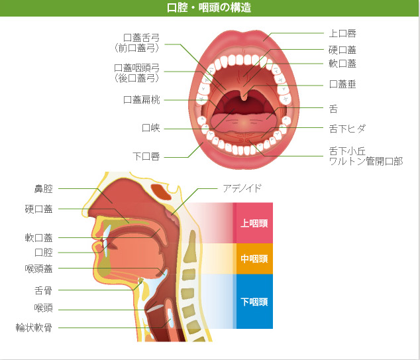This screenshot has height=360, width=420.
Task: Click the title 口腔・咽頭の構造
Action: pos(209,8)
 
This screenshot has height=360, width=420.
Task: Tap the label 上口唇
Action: pos(342,33)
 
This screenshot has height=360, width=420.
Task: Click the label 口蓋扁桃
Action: pos(142,99)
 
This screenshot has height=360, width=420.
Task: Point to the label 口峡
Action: pos(151,128)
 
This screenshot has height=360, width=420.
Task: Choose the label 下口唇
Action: pos(146,156)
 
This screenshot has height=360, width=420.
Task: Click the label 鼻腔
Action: pos(44,189)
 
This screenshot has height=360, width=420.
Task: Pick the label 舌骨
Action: pos(44,290)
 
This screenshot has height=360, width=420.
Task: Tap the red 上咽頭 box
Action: pos(254,223)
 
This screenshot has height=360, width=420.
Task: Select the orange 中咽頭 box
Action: pos(254,259)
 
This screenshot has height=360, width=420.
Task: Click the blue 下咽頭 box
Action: pos(254,302)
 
